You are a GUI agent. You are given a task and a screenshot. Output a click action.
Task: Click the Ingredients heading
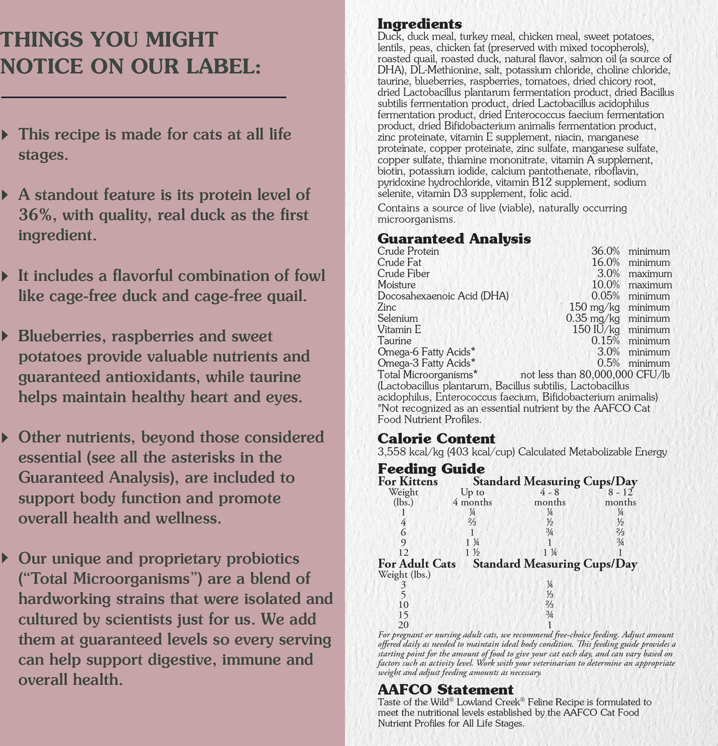click(x=419, y=24)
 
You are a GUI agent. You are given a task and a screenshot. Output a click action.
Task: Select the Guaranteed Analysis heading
click(x=454, y=239)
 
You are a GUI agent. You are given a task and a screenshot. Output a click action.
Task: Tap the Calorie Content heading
click(x=436, y=439)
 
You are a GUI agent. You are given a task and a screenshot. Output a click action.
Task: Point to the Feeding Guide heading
click(x=431, y=469)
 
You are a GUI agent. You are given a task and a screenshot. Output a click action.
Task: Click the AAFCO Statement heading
click(x=445, y=689)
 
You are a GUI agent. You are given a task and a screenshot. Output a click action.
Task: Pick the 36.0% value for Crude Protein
click(x=605, y=251)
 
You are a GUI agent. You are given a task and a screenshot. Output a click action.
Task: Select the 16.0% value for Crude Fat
click(x=605, y=262)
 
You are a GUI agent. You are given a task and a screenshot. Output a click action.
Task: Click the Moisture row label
click(x=398, y=285)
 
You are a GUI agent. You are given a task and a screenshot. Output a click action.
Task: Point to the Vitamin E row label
click(x=399, y=329)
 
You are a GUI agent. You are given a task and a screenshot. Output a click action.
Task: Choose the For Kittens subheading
click(x=408, y=481)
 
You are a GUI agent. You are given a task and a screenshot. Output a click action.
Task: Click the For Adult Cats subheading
click(x=417, y=564)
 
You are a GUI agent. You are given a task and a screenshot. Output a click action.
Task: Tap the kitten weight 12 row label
click(x=403, y=553)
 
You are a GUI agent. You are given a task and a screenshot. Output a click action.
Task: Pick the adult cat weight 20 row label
click(x=403, y=625)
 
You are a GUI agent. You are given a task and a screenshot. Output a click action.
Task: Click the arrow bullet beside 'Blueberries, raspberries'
click(x=6, y=336)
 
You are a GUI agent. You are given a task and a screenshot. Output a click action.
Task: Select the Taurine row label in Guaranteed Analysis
click(x=394, y=341)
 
